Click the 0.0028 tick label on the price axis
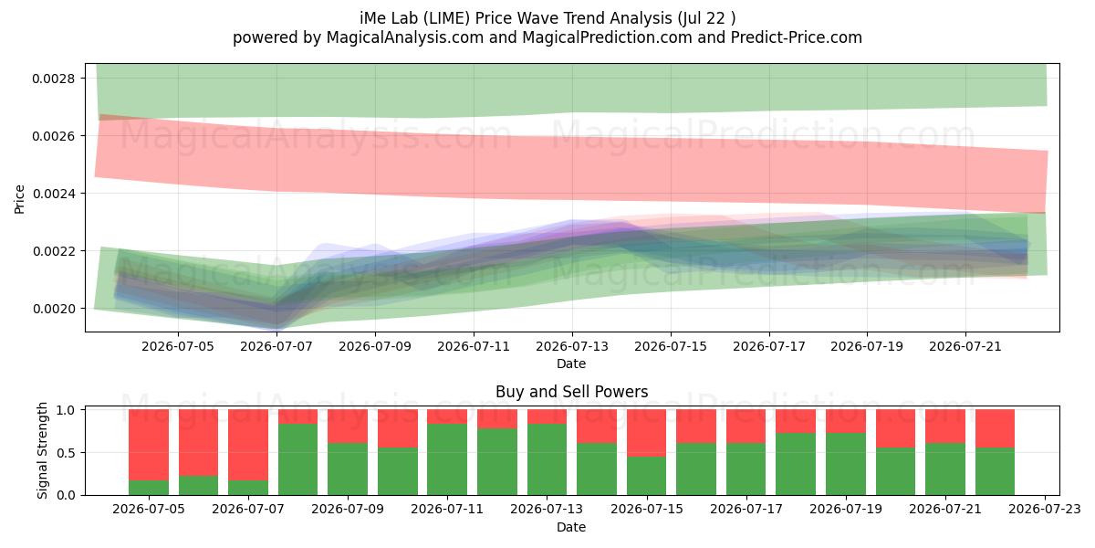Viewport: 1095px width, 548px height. (54, 79)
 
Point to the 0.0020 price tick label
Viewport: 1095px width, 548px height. (54, 309)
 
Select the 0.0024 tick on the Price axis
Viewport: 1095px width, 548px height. (54, 194)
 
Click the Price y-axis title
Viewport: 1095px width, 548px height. (19, 199)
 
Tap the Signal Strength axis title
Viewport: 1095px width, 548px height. (42, 450)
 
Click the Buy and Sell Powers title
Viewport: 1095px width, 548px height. (571, 392)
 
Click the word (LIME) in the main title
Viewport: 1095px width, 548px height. (447, 18)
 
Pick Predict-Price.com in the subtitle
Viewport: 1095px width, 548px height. (797, 37)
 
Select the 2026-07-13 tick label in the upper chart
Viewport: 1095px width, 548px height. (572, 346)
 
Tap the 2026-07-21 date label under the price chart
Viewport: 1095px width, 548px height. (965, 346)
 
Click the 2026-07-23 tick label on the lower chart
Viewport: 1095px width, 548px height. (1045, 510)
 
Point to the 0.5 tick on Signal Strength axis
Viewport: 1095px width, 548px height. (66, 453)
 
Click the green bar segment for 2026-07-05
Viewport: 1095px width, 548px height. (149, 488)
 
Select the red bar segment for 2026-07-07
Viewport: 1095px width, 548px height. (248, 445)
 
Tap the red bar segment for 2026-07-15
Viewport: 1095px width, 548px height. (646, 433)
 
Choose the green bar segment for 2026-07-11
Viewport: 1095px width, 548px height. (447, 459)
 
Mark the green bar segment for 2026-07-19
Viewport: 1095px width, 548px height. (846, 464)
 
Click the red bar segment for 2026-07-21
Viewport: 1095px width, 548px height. (945, 427)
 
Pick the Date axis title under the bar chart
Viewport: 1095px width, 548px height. (571, 527)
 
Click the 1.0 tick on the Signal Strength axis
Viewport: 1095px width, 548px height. (66, 410)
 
